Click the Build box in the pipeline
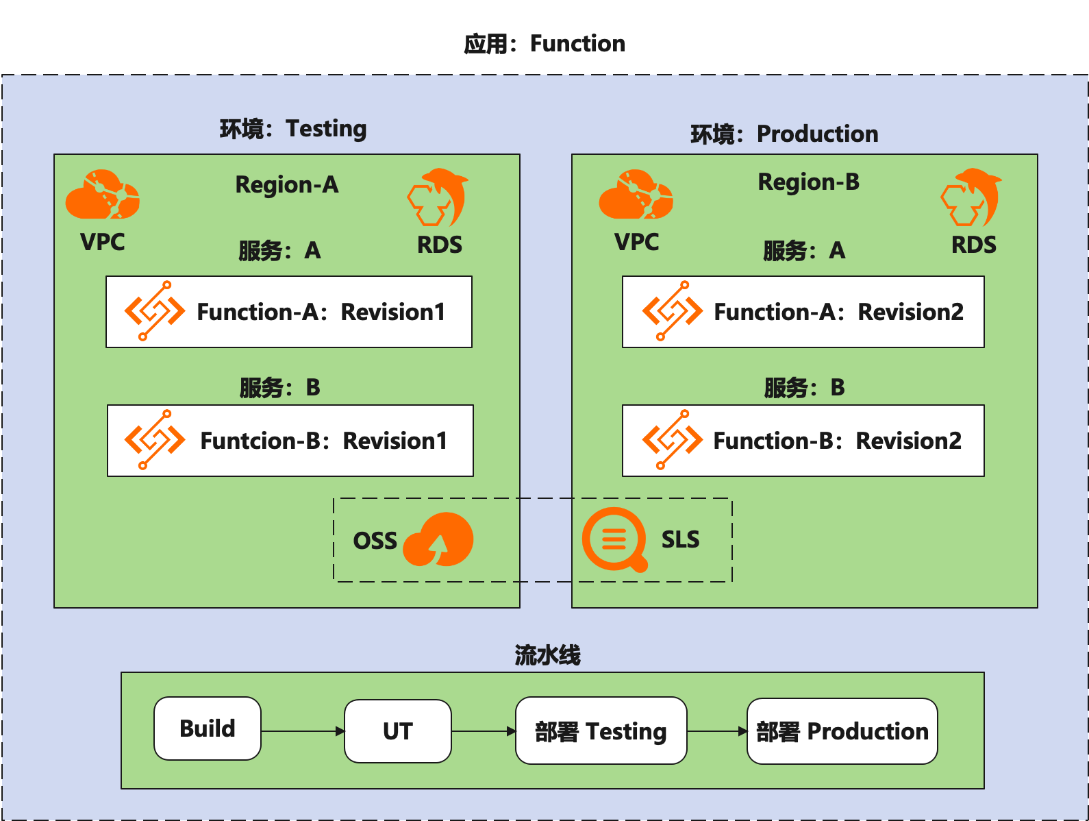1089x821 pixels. tap(207, 728)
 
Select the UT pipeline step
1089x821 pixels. tap(397, 731)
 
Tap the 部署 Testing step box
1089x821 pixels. tap(601, 731)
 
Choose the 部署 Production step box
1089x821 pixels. tap(842, 731)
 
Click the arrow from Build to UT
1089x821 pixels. tap(302, 731)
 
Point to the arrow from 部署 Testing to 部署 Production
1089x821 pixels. tap(716, 731)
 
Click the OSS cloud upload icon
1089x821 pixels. tap(438, 540)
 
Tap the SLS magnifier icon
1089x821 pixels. tap(614, 539)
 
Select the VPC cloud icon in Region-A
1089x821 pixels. tap(103, 195)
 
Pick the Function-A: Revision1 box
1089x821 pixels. tap(288, 312)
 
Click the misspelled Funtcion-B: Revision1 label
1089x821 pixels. tap(323, 441)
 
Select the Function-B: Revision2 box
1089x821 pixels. tap(803, 441)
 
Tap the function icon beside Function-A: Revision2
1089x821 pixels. tap(671, 311)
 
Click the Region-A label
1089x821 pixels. tap(287, 184)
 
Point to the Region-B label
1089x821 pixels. tap(808, 182)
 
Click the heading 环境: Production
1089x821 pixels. tap(784, 134)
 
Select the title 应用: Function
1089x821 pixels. tap(544, 44)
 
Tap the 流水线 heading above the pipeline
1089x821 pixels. tap(547, 655)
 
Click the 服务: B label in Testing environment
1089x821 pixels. tap(279, 388)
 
